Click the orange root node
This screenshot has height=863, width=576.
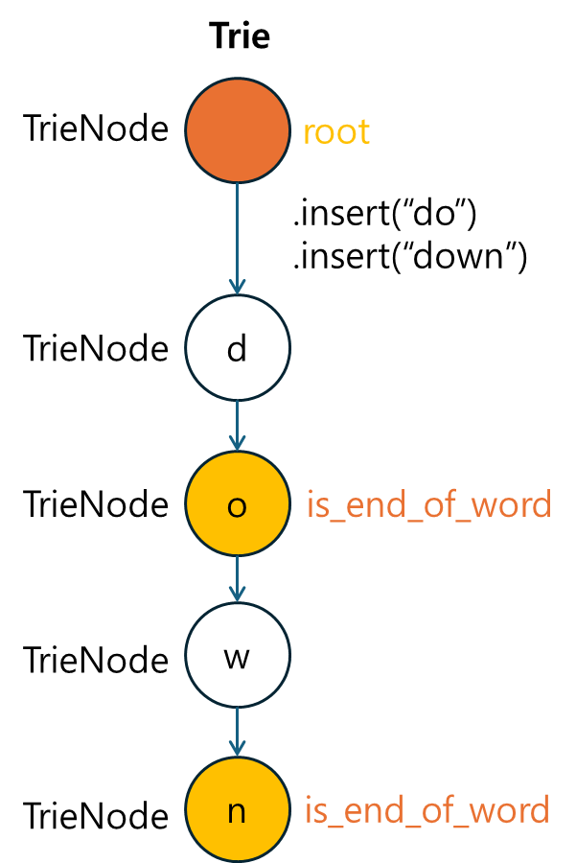click(x=237, y=130)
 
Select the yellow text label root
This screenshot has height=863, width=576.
click(x=336, y=132)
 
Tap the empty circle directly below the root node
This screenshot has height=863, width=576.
click(x=237, y=347)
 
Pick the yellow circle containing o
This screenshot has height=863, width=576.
click(x=237, y=504)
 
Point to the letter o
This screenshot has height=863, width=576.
click(x=237, y=507)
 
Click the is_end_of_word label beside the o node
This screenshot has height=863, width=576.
click(x=428, y=505)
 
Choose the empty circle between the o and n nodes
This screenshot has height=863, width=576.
click(x=237, y=655)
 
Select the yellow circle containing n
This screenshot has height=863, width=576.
click(x=237, y=810)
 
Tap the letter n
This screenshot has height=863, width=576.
click(x=237, y=813)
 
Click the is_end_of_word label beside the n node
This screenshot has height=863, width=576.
click(x=427, y=811)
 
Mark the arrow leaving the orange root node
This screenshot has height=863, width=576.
click(x=237, y=235)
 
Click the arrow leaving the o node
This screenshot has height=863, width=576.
click(x=237, y=578)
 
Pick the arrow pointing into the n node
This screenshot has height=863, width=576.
click(x=237, y=732)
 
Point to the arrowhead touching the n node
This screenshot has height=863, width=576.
click(x=237, y=748)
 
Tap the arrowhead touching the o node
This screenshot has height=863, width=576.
click(x=237, y=444)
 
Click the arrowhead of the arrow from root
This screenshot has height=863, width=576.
click(x=237, y=286)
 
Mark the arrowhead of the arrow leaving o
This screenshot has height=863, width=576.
click(x=237, y=595)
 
